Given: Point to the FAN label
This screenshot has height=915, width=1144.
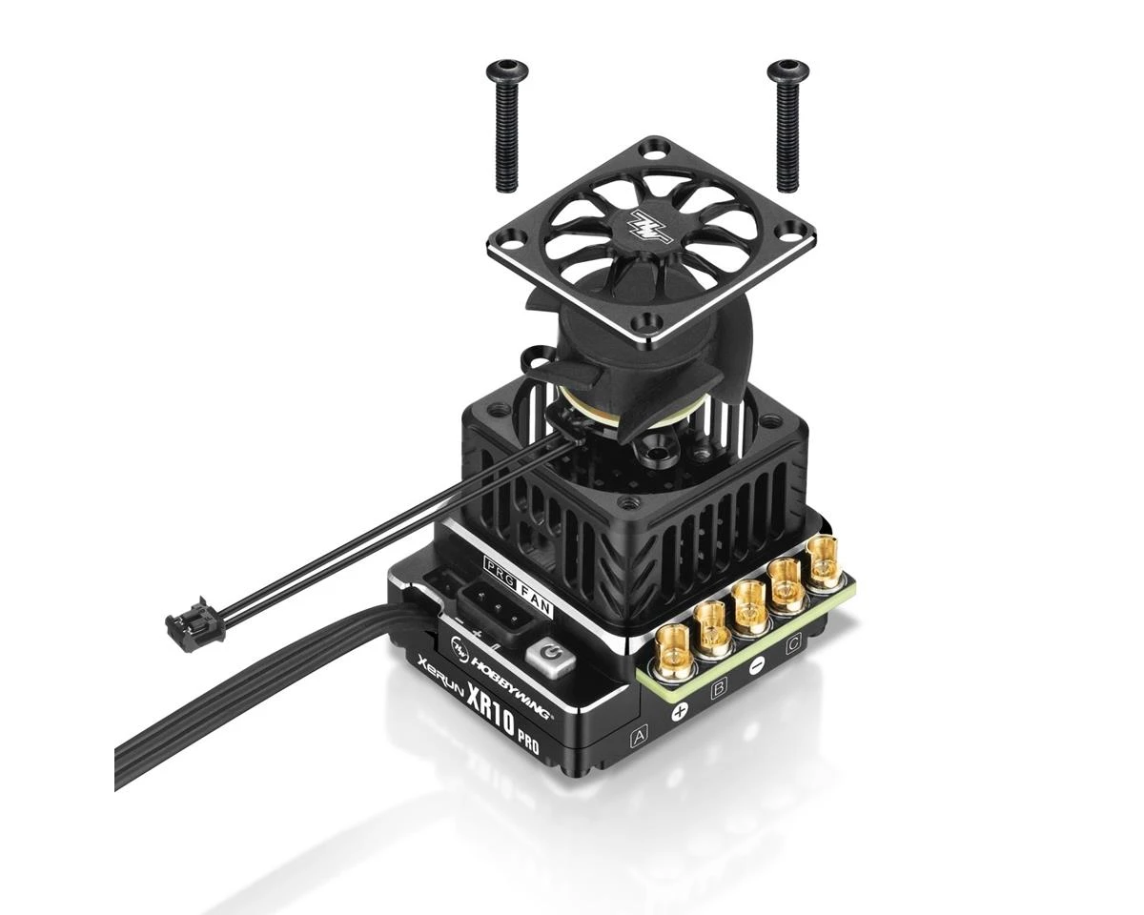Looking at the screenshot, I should [535, 577].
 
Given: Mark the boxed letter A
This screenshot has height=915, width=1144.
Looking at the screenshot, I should [638, 735].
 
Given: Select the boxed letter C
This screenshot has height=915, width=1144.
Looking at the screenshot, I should [792, 645].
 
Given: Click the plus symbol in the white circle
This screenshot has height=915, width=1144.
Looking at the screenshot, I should [680, 711].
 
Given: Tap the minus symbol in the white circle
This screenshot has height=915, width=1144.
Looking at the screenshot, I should [756, 666].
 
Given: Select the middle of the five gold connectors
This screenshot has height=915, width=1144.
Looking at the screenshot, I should [750, 602].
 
